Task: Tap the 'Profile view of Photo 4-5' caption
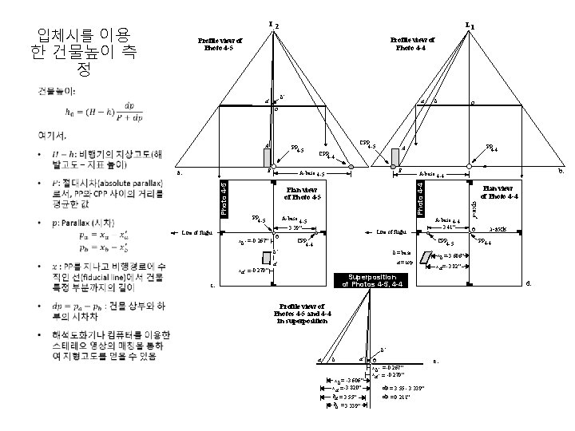[217, 43]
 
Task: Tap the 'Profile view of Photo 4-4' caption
[413, 43]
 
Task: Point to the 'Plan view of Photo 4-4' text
[500, 192]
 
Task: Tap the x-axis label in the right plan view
[498, 228]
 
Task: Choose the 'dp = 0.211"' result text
[397, 396]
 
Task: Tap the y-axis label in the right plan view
[474, 209]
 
